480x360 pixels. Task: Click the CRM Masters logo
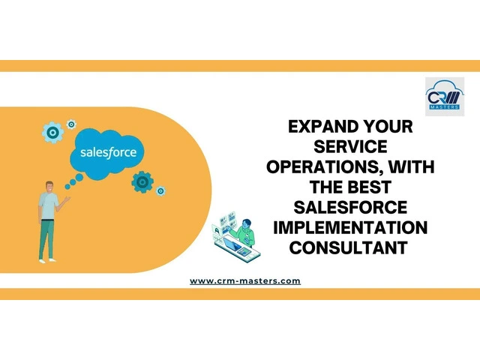click(x=445, y=97)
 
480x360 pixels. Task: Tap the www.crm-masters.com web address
click(x=245, y=281)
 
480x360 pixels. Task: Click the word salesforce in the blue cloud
click(x=108, y=152)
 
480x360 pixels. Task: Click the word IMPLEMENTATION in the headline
click(x=350, y=227)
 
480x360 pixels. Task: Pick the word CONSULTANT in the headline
click(x=348, y=247)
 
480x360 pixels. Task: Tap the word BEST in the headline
click(x=370, y=187)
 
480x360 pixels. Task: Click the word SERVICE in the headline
click(x=350, y=147)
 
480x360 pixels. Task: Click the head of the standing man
click(x=49, y=187)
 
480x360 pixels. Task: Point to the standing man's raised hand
click(x=67, y=199)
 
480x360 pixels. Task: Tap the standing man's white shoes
click(x=47, y=260)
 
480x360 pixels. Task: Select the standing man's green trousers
click(x=46, y=239)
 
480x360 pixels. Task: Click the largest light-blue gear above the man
click(x=53, y=133)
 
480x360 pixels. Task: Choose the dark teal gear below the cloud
click(x=142, y=182)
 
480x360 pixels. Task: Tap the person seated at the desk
click(x=244, y=232)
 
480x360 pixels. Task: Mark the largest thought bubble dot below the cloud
click(x=79, y=177)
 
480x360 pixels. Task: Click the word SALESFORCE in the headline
click(x=350, y=207)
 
